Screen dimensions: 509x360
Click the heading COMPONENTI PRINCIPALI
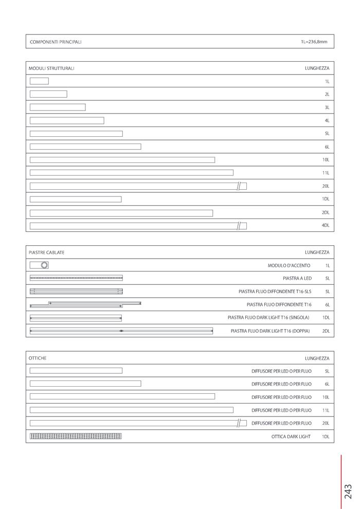click(x=56, y=42)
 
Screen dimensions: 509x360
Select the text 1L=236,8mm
click(x=314, y=42)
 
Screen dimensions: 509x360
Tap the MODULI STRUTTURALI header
click(x=51, y=68)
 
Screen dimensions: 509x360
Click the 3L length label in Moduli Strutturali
click(x=327, y=107)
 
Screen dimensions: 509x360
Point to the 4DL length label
click(x=326, y=225)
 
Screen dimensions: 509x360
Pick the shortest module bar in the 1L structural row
click(x=39, y=81)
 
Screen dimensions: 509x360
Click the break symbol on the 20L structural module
click(x=239, y=186)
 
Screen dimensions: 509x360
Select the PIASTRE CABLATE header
click(x=46, y=252)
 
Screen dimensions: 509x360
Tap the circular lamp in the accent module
click(x=45, y=265)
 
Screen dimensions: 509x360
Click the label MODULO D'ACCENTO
click(x=289, y=266)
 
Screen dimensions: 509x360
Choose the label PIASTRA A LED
click(x=297, y=279)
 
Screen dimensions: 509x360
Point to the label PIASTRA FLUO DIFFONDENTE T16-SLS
click(x=275, y=292)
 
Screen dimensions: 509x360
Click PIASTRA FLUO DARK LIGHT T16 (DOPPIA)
click(x=270, y=331)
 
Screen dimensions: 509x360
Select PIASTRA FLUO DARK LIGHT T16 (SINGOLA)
click(x=268, y=318)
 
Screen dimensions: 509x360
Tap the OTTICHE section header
click(x=38, y=358)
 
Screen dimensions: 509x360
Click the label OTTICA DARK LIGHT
click(x=291, y=437)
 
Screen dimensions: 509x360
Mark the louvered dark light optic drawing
click(x=76, y=437)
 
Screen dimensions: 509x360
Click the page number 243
click(x=348, y=491)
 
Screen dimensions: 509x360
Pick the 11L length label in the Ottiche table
click(x=326, y=410)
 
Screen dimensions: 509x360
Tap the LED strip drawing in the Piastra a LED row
click(x=76, y=278)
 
